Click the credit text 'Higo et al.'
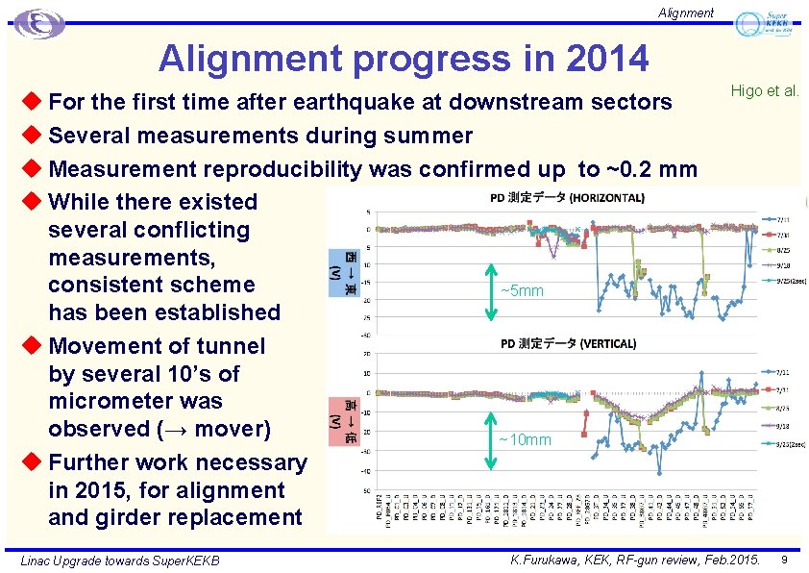click(x=765, y=91)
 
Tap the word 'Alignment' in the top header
click(x=685, y=12)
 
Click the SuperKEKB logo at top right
click(x=767, y=23)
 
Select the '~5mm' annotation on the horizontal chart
click(x=522, y=291)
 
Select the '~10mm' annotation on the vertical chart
click(x=525, y=440)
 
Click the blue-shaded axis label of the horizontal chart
click(x=343, y=268)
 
